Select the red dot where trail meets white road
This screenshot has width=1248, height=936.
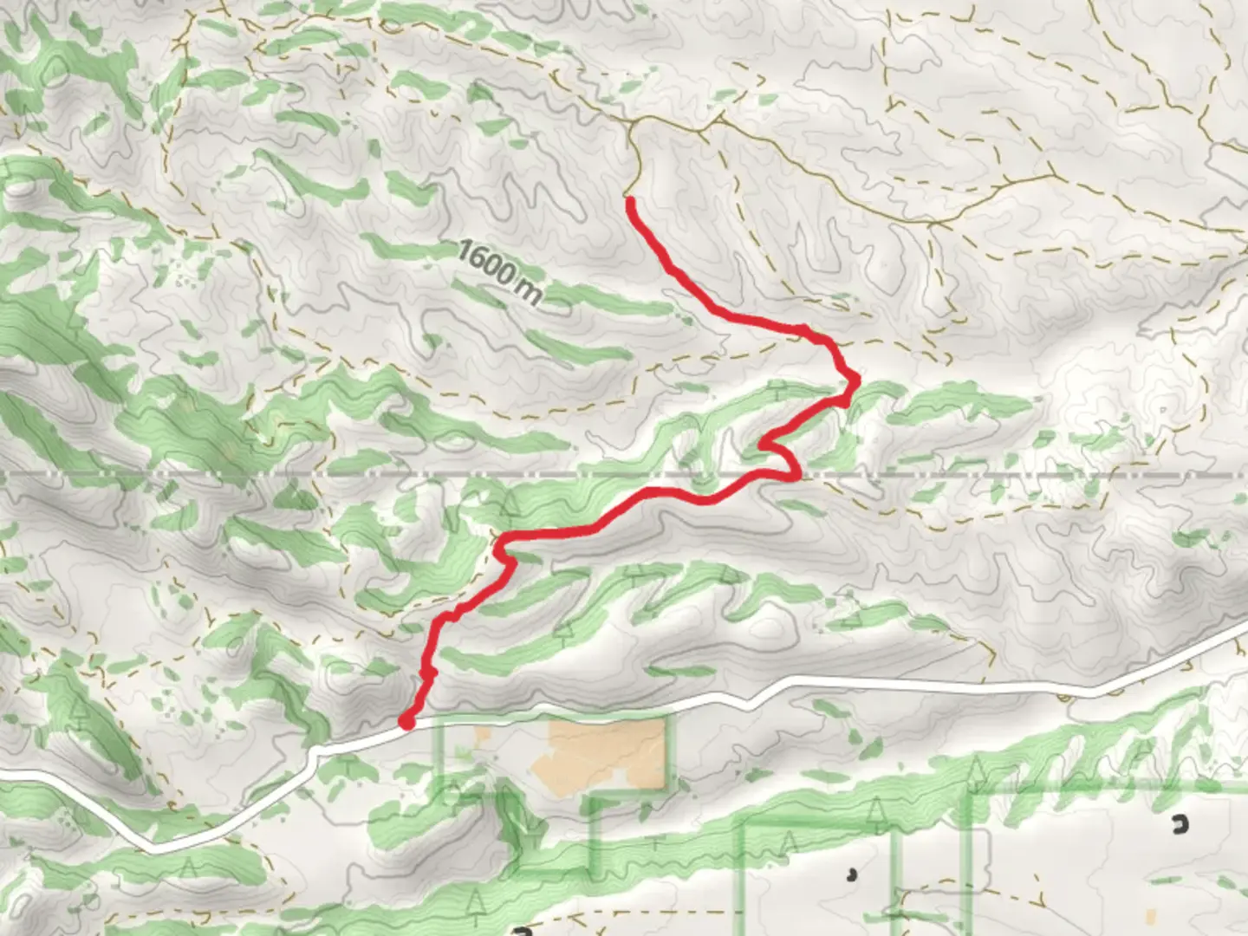(x=406, y=720)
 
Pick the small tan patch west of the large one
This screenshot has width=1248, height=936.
(x=482, y=736)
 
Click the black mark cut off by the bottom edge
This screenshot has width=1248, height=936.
(x=522, y=932)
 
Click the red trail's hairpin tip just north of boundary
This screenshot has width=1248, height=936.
(x=763, y=445)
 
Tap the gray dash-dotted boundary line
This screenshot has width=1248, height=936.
(x=260, y=476)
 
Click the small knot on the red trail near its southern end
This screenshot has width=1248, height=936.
(x=426, y=673)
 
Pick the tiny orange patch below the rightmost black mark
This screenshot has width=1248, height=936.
(x=1151, y=915)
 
